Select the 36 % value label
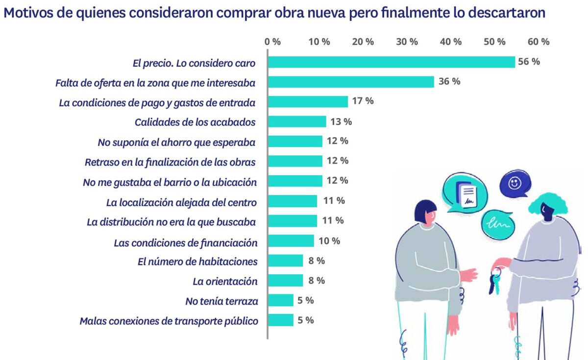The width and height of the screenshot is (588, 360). coord(449,81)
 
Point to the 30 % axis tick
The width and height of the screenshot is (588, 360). coord(407,42)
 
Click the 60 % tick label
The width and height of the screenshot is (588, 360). coord(539,42)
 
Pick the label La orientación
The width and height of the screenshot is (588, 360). coord(225,281)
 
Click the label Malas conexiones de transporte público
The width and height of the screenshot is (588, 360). coord(169,321)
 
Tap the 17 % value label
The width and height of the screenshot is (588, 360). coord(363,101)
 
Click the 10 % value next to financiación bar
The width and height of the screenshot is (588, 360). coord(329,240)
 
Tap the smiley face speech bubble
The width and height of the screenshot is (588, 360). coord(514,184)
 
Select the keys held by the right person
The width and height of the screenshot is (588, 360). coord(495,282)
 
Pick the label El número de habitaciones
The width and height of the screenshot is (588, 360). coord(198,261)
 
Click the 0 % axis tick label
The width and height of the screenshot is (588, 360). coord(272,42)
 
